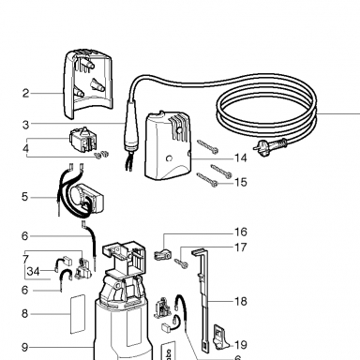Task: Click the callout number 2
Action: click(x=25, y=94)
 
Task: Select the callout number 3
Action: click(x=25, y=125)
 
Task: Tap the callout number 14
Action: click(x=240, y=158)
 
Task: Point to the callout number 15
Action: click(x=240, y=182)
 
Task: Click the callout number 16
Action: click(x=240, y=232)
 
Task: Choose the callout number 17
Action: click(x=240, y=247)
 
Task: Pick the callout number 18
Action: click(x=240, y=301)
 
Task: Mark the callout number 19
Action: click(x=240, y=345)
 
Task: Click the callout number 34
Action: click(x=34, y=271)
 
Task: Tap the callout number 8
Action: click(x=25, y=313)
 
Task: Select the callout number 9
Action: click(x=25, y=347)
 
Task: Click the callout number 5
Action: click(x=25, y=197)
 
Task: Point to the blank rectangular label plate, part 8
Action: click(x=77, y=313)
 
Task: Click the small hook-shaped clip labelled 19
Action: click(x=220, y=337)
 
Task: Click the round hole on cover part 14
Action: click(x=170, y=158)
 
